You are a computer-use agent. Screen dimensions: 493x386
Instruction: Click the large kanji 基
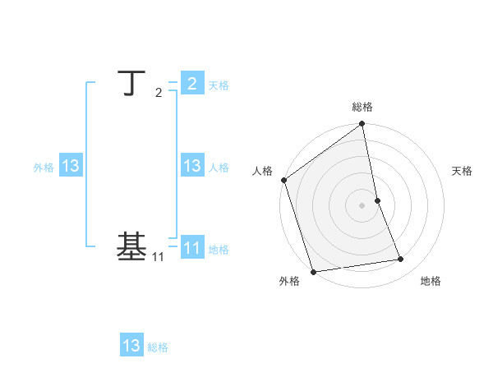(x=132, y=246)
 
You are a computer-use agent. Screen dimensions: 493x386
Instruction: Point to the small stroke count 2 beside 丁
(x=159, y=92)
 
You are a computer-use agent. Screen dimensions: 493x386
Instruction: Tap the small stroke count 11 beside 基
(x=159, y=257)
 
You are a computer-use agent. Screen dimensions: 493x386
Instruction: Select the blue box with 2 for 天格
(x=192, y=84)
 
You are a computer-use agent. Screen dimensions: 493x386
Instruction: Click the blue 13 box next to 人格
(x=192, y=166)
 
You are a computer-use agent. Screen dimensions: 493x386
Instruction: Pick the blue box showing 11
(x=192, y=247)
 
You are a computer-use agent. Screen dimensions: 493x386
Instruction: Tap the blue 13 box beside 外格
(x=71, y=166)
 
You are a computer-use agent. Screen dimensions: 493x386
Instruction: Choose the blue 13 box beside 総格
(x=131, y=346)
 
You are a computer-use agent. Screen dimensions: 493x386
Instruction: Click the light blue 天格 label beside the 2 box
(x=219, y=85)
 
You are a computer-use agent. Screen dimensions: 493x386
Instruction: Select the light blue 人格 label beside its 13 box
(x=219, y=168)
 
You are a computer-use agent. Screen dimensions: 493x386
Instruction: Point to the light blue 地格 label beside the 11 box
(x=219, y=250)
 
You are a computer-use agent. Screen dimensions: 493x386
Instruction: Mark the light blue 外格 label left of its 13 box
(x=44, y=168)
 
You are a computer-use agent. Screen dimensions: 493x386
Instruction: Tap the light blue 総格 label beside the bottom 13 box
(x=158, y=347)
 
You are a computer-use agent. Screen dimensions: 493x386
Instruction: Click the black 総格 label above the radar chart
(x=362, y=107)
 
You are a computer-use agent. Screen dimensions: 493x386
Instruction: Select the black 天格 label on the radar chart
(x=462, y=171)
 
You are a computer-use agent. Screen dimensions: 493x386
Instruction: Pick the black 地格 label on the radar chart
(x=431, y=282)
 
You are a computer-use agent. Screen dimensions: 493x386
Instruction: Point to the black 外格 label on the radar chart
(x=289, y=282)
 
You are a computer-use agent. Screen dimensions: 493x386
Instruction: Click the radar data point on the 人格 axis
(x=283, y=180)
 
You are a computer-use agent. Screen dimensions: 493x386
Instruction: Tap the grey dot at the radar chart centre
(x=362, y=205)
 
